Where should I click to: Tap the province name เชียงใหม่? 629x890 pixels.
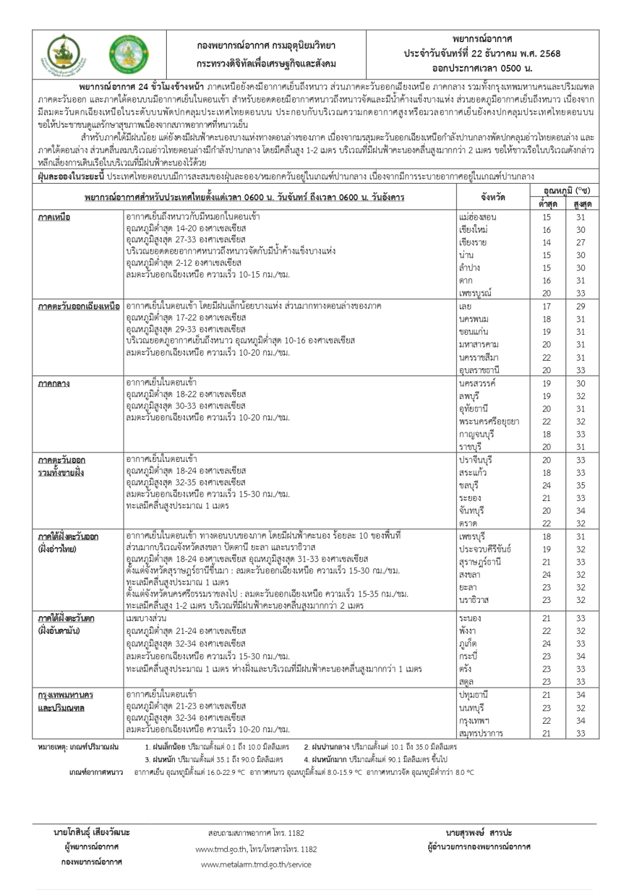point(474,230)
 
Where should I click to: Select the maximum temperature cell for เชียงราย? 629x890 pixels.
point(580,242)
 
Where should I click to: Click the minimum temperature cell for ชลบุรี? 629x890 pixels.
point(546,485)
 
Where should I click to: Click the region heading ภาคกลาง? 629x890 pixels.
point(53,383)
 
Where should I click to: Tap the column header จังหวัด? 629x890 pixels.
point(492,198)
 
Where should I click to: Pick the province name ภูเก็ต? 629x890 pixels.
point(469,644)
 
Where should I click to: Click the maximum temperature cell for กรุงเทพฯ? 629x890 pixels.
point(580,721)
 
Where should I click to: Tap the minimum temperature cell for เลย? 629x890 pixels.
point(546,307)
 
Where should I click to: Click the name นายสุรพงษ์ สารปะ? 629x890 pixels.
point(479,833)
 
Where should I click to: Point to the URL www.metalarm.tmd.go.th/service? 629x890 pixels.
point(256,864)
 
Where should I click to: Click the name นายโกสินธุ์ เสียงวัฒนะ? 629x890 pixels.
point(92,833)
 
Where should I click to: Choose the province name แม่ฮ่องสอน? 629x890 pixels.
point(479,217)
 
